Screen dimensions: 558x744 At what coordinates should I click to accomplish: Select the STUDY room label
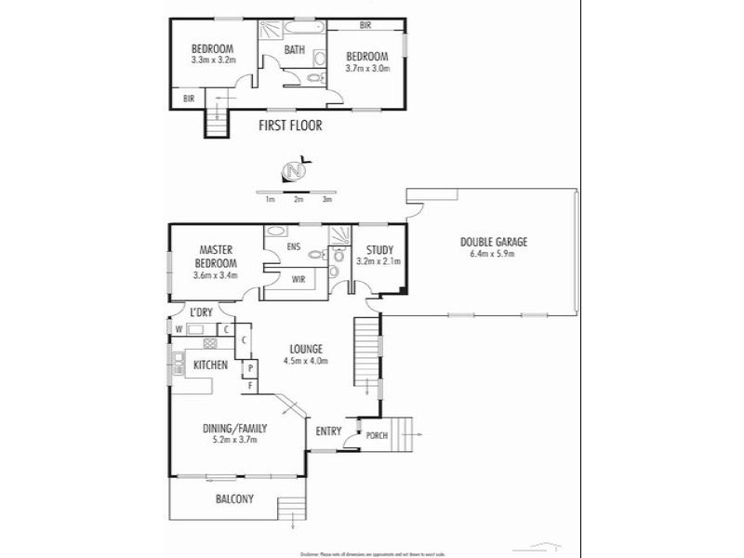(379, 249)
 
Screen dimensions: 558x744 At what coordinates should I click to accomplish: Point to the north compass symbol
(293, 171)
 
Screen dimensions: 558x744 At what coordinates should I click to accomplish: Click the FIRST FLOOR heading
(290, 126)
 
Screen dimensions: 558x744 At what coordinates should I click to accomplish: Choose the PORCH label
(377, 435)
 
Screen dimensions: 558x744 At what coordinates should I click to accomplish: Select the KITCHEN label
(210, 365)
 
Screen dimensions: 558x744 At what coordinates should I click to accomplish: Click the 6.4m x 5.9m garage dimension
(493, 254)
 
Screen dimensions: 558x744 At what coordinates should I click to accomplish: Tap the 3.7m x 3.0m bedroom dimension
(367, 68)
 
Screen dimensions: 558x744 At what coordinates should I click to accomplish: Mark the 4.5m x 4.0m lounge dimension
(307, 361)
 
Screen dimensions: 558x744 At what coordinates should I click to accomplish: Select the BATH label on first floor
(295, 50)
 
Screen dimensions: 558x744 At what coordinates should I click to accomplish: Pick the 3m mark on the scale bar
(326, 199)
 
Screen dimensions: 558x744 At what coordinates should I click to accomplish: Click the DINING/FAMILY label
(235, 429)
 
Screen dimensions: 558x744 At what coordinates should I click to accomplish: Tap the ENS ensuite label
(294, 246)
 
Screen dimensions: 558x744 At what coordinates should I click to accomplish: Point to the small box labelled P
(249, 369)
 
